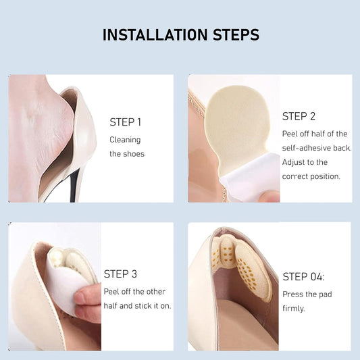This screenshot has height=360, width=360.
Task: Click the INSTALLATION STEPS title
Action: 180,35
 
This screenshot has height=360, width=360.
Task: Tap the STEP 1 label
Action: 126,122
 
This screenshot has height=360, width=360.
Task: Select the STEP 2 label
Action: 299,116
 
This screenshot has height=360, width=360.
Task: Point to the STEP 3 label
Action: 120,274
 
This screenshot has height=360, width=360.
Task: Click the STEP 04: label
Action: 303,276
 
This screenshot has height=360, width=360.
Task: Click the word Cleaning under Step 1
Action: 125,140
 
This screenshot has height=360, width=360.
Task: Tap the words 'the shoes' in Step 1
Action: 127,154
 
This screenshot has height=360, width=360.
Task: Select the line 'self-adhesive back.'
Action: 316,148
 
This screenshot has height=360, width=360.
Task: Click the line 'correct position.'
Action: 311,176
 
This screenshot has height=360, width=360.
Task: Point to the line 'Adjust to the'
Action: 305,162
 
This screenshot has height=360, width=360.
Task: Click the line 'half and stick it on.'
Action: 137,305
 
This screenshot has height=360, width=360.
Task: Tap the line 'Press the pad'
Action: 307,294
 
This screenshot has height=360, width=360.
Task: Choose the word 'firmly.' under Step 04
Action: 294,309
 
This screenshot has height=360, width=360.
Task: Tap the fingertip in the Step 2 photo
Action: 272,196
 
